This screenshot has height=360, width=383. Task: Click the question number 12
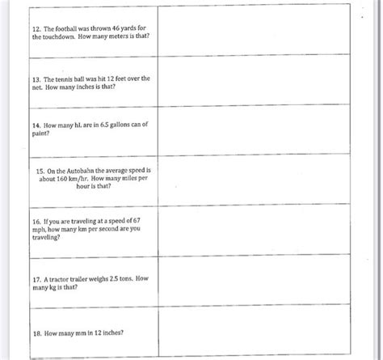click(37, 28)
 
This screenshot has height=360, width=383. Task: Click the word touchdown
click(66, 37)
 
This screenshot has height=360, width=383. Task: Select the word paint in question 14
click(41, 135)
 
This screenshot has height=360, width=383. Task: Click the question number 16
click(37, 220)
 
